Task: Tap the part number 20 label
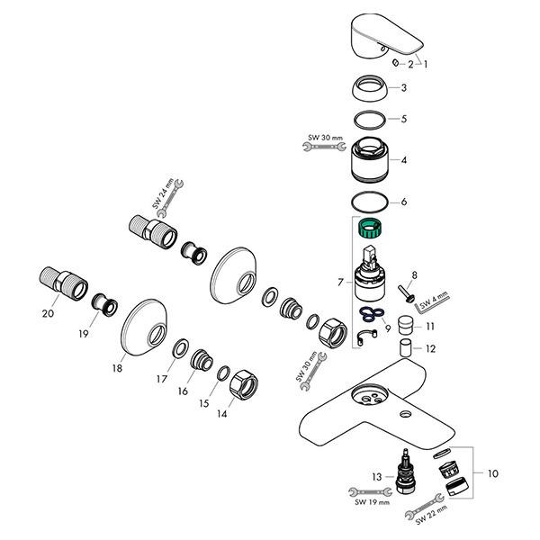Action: pyautogui.click(x=48, y=313)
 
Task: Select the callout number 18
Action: pyautogui.click(x=117, y=369)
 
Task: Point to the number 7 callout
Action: pyautogui.click(x=339, y=282)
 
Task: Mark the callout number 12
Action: pyautogui.click(x=430, y=347)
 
